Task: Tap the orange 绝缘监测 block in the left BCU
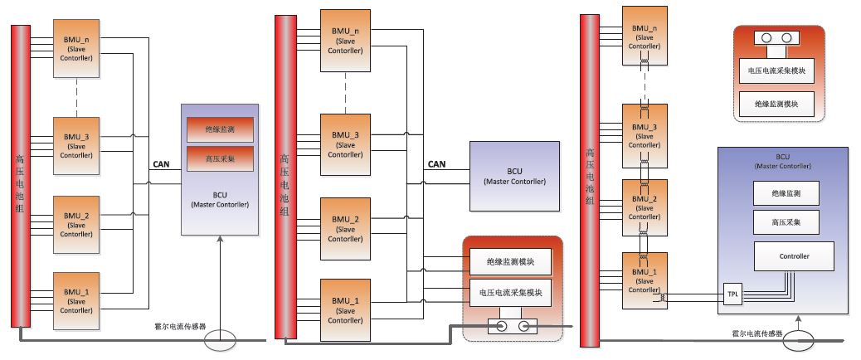pyautogui.click(x=219, y=130)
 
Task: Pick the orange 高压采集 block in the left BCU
pyautogui.click(x=219, y=157)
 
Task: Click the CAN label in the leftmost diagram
pyautogui.click(x=162, y=164)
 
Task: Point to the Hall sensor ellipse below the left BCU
pyautogui.click(x=221, y=338)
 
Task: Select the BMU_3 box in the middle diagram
pyautogui.click(x=345, y=140)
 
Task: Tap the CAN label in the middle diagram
pyautogui.click(x=436, y=164)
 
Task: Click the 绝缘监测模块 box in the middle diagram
pyautogui.click(x=510, y=263)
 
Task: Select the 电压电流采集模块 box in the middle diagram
pyautogui.click(x=510, y=293)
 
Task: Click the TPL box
pyautogui.click(x=731, y=294)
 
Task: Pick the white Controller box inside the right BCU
pyautogui.click(x=793, y=256)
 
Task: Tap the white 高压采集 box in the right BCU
pyautogui.click(x=784, y=221)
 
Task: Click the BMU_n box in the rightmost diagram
pyautogui.click(x=644, y=34)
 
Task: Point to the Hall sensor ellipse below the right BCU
pyautogui.click(x=798, y=338)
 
